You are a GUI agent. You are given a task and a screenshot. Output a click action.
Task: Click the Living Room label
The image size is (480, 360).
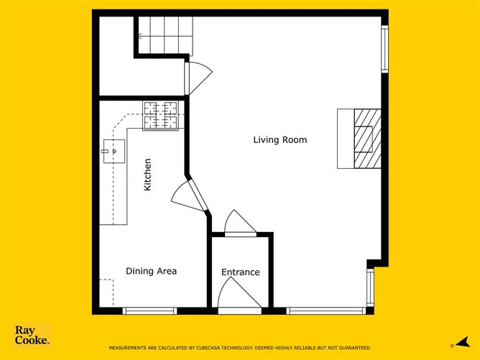(280, 140)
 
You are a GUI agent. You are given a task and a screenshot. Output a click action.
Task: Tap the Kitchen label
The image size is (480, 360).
(147, 175)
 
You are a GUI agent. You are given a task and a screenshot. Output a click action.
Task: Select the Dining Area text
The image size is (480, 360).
(151, 271)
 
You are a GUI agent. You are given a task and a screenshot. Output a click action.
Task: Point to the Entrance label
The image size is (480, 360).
(240, 272)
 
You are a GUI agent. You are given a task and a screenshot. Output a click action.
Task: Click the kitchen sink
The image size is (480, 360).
(114, 151)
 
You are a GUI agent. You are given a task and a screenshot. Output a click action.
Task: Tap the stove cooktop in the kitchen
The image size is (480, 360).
(161, 116)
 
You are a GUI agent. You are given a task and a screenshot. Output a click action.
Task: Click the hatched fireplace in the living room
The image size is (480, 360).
(368, 139)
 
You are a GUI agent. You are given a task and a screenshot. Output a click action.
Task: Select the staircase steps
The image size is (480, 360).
(165, 35)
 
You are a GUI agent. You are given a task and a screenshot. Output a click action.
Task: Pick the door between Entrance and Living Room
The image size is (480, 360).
(240, 222)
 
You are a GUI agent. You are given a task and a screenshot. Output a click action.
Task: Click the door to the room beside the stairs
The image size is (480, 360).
(198, 78)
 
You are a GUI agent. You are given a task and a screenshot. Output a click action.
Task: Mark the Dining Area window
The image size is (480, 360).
(149, 310)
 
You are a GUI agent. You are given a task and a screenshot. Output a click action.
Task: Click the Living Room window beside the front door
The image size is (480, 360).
(326, 310)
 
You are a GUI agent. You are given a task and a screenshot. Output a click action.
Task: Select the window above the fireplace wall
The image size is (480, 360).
(385, 49)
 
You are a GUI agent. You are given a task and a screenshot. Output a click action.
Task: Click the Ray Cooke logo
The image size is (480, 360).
(32, 335)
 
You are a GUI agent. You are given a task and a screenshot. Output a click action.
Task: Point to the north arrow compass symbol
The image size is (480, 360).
(461, 342)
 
